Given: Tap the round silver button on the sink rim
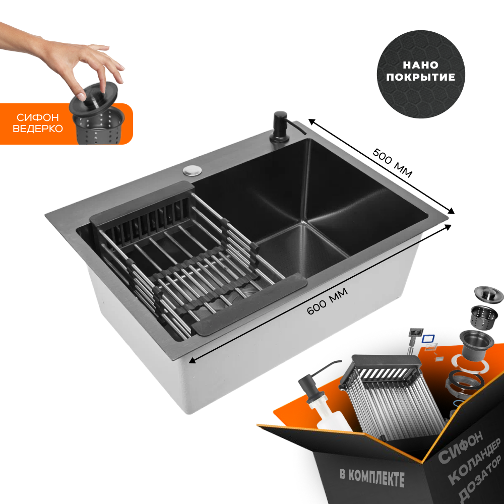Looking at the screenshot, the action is [x=193, y=170].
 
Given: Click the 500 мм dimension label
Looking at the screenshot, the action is [x=392, y=163].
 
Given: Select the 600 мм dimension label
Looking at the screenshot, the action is [x=327, y=301].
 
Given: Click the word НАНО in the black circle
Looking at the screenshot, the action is [x=420, y=65].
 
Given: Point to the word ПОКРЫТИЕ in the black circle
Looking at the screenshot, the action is [x=420, y=77].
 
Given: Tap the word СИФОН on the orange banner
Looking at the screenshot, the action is [x=38, y=117].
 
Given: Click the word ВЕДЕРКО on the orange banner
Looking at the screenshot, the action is [x=38, y=129].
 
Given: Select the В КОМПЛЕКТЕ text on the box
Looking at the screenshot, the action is [x=372, y=478].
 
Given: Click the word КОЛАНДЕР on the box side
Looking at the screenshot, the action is [x=474, y=462].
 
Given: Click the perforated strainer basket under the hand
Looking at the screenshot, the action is [x=99, y=127].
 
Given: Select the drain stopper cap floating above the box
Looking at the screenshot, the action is [x=488, y=295].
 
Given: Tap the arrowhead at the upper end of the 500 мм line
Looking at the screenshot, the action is [x=311, y=121].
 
